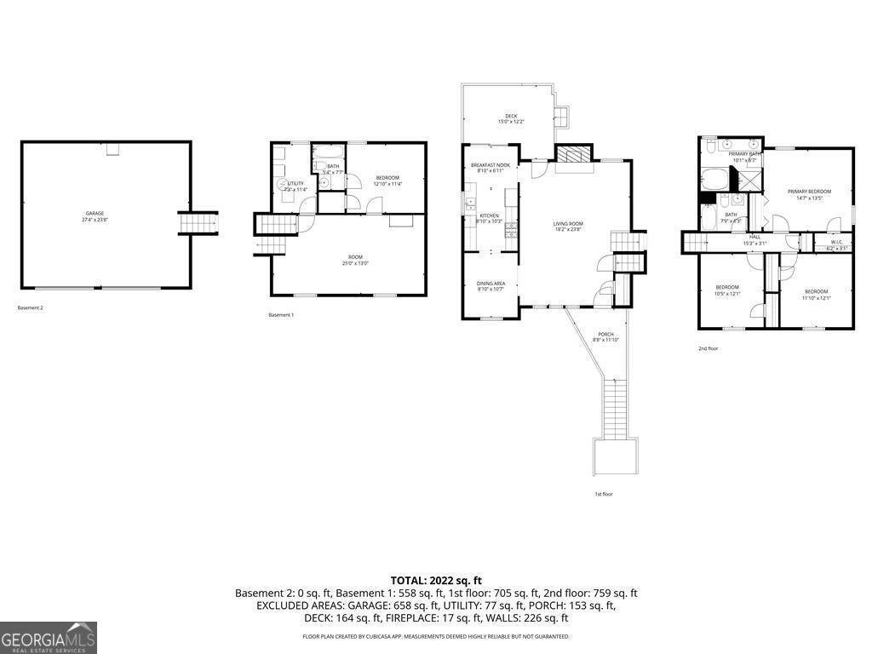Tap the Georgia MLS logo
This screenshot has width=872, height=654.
49,638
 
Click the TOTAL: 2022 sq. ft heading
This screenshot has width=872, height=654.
436,580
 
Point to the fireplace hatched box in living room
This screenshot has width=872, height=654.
572,153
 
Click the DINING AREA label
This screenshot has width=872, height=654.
490,285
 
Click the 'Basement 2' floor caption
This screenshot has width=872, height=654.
30,307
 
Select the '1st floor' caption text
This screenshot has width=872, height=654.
603,494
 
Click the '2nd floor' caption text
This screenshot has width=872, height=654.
708,348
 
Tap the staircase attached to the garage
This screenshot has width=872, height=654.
198,223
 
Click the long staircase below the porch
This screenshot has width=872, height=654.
615,409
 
